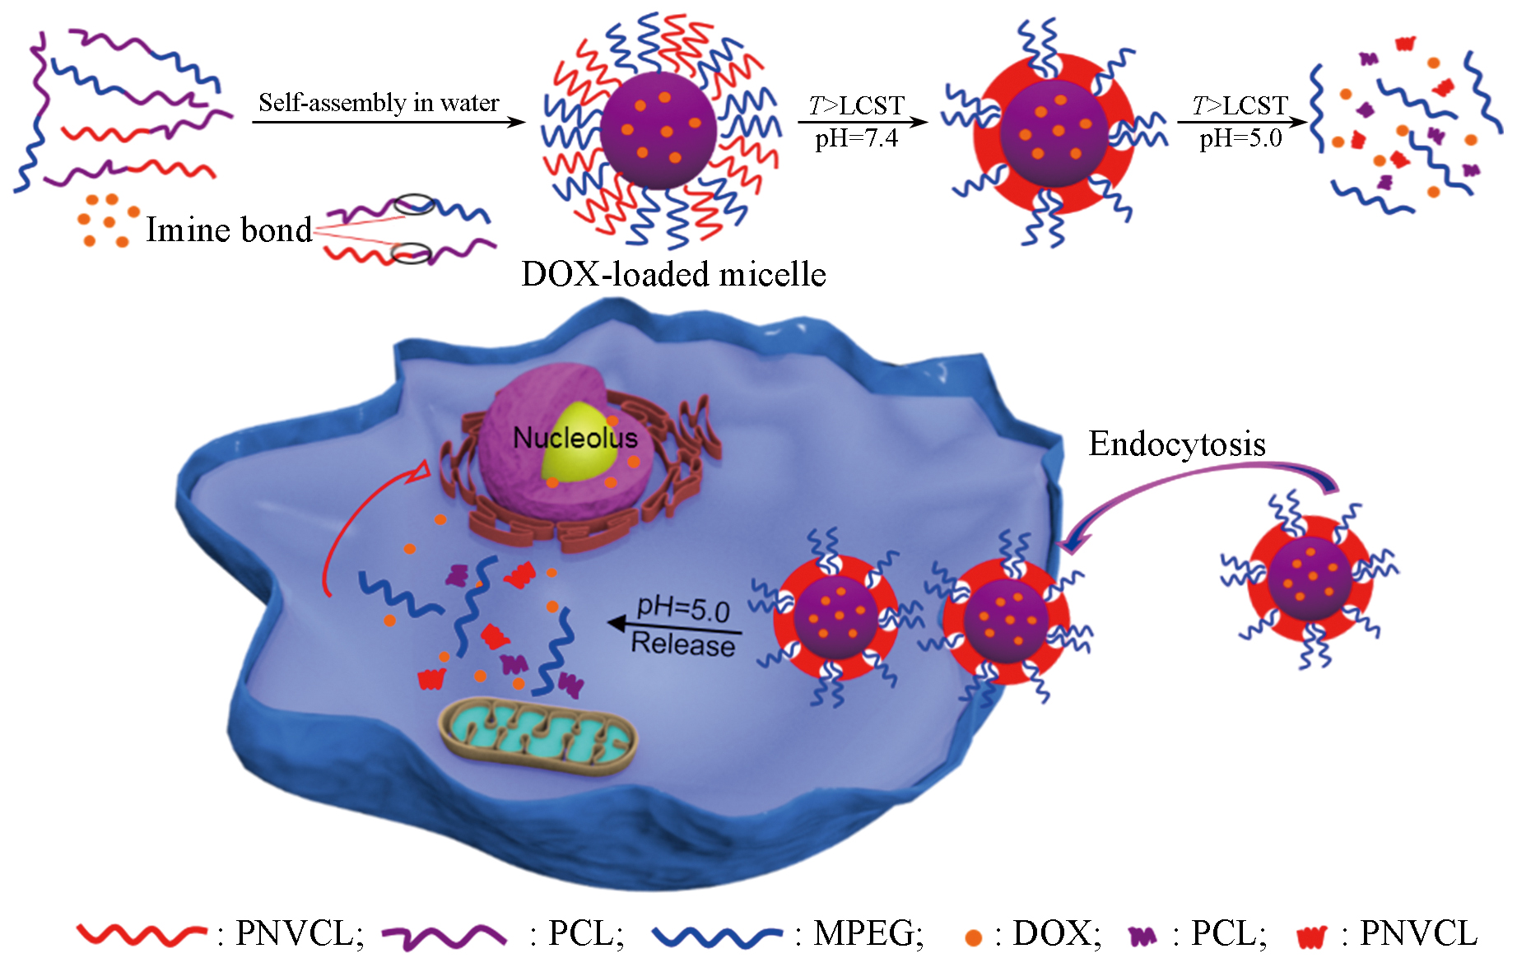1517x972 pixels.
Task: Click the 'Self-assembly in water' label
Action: point(379,103)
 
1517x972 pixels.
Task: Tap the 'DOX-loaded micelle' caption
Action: point(673,274)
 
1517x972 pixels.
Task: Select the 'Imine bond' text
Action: point(229,230)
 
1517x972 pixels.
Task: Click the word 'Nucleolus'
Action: point(575,438)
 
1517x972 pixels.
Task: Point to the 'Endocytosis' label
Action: point(1176,444)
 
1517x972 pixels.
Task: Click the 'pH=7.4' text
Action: point(856,138)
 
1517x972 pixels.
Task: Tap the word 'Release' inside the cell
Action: point(682,644)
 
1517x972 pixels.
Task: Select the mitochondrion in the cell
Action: point(539,737)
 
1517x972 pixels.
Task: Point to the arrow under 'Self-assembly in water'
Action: point(387,123)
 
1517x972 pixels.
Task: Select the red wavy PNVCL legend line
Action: point(140,934)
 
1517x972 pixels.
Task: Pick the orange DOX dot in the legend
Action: point(973,937)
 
